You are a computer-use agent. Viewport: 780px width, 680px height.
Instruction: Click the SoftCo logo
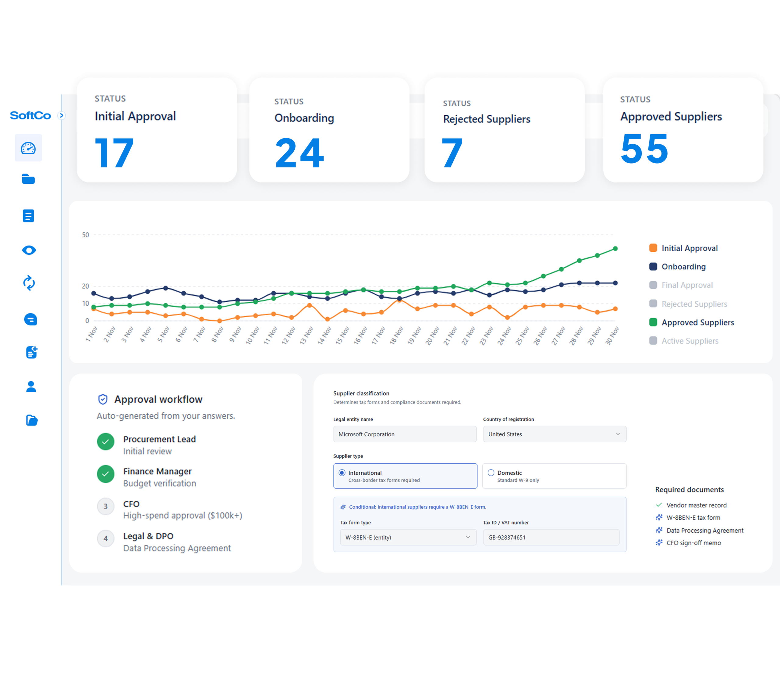pyautogui.click(x=30, y=115)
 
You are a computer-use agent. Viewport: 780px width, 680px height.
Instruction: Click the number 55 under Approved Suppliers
pyautogui.click(x=644, y=149)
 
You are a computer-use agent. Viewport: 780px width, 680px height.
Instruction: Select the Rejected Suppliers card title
pyautogui.click(x=486, y=119)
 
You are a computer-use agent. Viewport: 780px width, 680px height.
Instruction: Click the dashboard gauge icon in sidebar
pyautogui.click(x=28, y=148)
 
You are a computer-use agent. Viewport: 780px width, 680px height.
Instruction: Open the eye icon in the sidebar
pyautogui.click(x=29, y=250)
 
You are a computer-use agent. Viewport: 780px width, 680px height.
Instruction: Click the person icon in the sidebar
pyautogui.click(x=31, y=386)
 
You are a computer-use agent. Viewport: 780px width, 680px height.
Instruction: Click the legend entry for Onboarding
pyautogui.click(x=683, y=266)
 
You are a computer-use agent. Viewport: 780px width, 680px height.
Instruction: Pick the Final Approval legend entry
pyautogui.click(x=686, y=285)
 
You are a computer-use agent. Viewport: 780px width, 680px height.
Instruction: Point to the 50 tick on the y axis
pyautogui.click(x=86, y=235)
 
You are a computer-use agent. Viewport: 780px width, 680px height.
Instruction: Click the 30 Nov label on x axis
pyautogui.click(x=612, y=336)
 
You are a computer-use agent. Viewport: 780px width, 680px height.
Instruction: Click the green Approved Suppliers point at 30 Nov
pyautogui.click(x=615, y=249)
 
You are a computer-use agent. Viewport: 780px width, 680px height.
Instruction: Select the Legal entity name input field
pyautogui.click(x=404, y=434)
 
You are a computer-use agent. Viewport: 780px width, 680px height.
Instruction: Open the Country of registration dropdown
pyautogui.click(x=554, y=434)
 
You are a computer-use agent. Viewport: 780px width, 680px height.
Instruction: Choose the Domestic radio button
pyautogui.click(x=491, y=473)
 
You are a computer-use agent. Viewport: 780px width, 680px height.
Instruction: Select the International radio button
pyautogui.click(x=342, y=473)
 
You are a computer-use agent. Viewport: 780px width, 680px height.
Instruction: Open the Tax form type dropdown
pyautogui.click(x=408, y=537)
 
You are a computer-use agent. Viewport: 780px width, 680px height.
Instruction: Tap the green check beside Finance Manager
pyautogui.click(x=106, y=474)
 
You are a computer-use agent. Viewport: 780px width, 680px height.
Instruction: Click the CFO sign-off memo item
pyautogui.click(x=693, y=543)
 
